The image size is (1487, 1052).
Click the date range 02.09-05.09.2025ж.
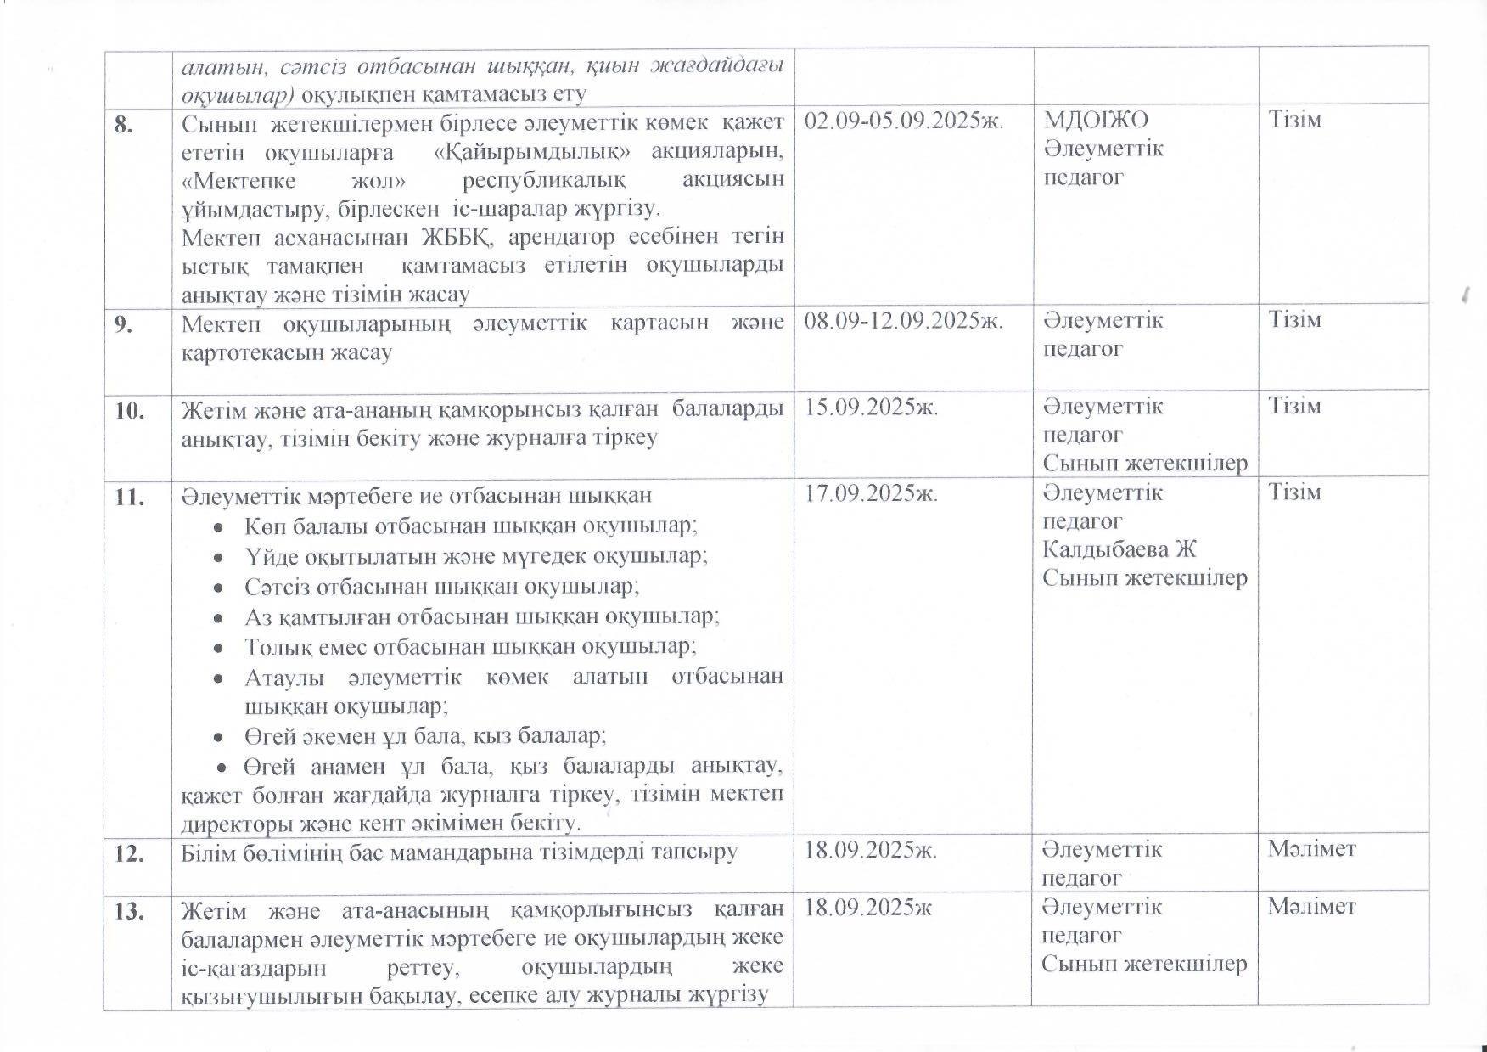pos(903,121)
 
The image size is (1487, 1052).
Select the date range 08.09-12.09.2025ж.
pos(903,321)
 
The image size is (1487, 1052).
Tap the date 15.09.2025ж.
pos(871,408)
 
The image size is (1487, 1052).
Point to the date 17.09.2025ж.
pos(871,494)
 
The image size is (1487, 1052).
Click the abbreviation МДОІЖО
pos(1095,121)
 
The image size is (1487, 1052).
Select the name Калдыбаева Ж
pos(1119,549)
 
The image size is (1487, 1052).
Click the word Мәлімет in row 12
pos(1311,848)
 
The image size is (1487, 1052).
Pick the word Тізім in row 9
pos(1294,321)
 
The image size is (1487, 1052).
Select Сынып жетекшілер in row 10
pos(1144,464)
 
